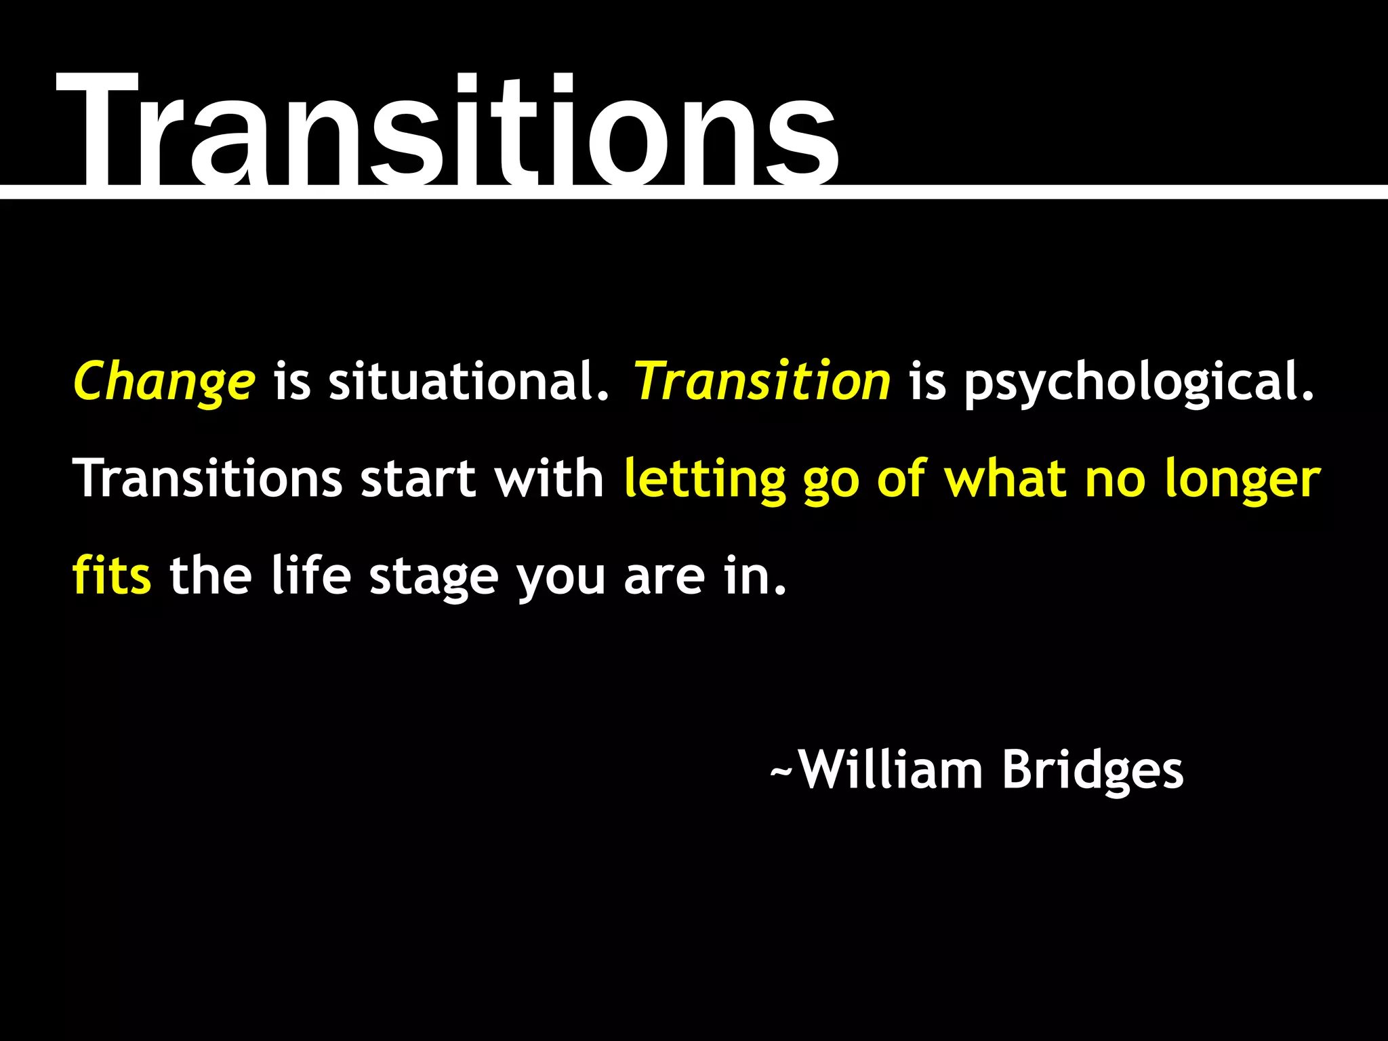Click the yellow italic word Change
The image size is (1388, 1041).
click(x=164, y=382)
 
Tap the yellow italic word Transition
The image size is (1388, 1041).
click(x=762, y=382)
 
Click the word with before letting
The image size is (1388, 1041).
click(x=548, y=479)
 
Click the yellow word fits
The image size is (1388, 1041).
click(x=112, y=576)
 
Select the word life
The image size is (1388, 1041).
click(x=311, y=576)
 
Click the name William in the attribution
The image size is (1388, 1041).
click(x=891, y=771)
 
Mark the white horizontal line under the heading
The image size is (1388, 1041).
click(x=1084, y=191)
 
